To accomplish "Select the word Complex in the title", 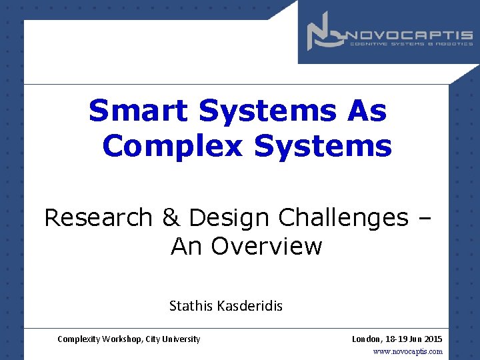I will point(173,145).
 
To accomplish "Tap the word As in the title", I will point(366,111).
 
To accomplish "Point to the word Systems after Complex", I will point(323,145).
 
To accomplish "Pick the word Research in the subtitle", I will point(98,217).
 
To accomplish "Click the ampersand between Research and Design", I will point(170,217).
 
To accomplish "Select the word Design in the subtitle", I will point(229,217).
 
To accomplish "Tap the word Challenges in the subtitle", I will point(343,217).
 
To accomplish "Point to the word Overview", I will point(267,247).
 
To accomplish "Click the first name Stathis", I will point(191,306).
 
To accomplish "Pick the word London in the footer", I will point(366,339).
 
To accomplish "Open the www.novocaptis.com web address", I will point(407,351).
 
